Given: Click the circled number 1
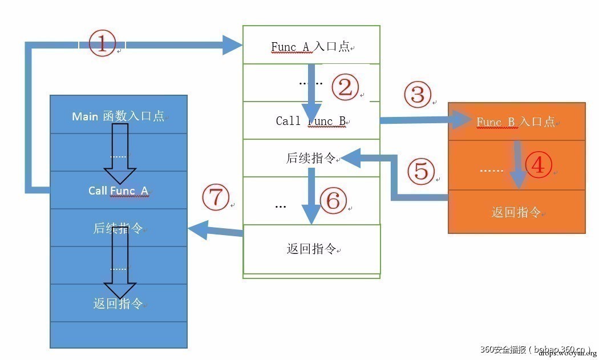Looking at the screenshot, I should (103, 44).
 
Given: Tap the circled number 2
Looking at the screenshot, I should (345, 87).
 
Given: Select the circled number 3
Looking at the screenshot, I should (418, 94).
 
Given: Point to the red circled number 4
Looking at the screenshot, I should (538, 165).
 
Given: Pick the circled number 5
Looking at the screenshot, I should (421, 170).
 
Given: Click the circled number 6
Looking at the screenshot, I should (333, 200).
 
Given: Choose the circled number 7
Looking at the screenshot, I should (215, 197).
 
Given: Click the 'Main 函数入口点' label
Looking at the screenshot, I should (118, 116).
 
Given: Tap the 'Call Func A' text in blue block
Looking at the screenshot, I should (118, 191).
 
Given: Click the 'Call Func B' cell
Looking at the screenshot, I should (311, 121).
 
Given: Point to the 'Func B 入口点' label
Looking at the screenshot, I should (516, 122).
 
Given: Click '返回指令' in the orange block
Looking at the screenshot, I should (516, 212).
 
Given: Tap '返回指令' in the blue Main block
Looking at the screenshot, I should (118, 304).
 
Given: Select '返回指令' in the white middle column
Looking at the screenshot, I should (311, 249).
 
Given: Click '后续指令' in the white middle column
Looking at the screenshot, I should (311, 158).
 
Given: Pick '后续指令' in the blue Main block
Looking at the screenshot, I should (118, 229).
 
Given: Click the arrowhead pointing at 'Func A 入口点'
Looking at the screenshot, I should (232, 45).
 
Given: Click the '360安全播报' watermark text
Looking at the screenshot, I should (504, 349).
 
